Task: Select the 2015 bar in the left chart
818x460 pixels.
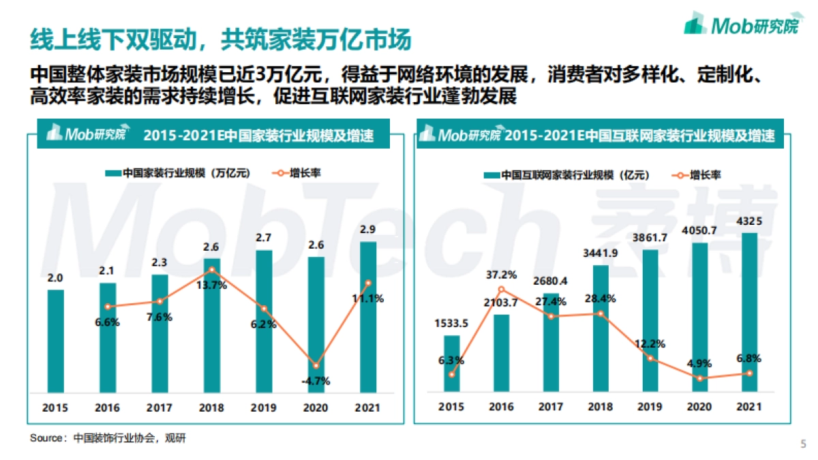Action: (x=56, y=341)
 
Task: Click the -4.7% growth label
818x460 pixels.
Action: (x=315, y=381)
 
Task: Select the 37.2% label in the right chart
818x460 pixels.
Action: (x=501, y=275)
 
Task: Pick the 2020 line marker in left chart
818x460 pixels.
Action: (x=316, y=366)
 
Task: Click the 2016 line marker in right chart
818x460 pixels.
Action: (x=502, y=290)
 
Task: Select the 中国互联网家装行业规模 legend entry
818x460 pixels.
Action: (x=566, y=175)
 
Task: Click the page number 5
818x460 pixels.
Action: (x=802, y=444)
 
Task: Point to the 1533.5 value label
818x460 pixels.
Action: (x=452, y=323)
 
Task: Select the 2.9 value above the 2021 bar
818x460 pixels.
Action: (x=368, y=229)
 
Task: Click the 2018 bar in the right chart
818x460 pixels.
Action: (x=601, y=328)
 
